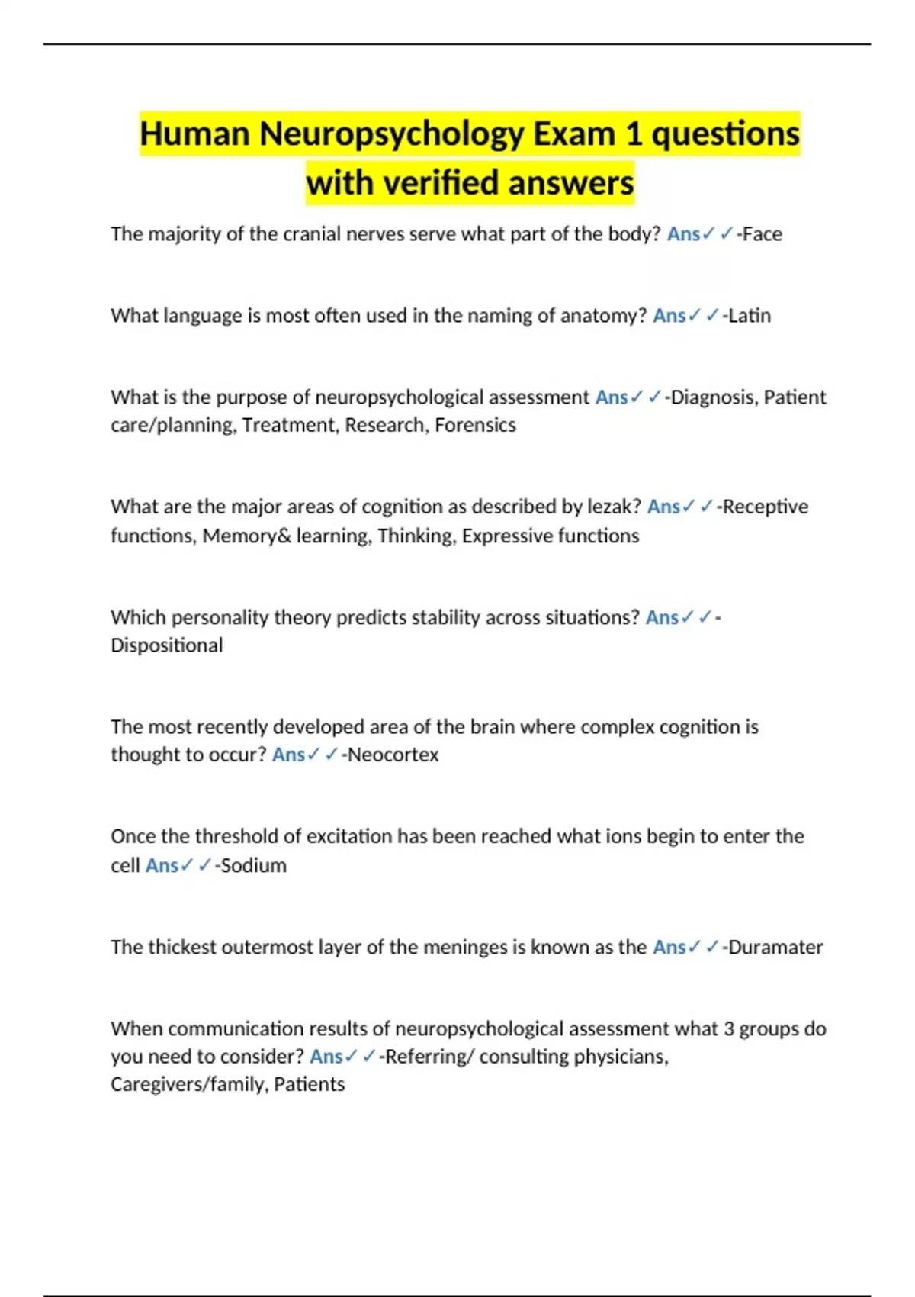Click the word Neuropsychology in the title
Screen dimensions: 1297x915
click(390, 134)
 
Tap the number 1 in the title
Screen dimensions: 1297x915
click(633, 134)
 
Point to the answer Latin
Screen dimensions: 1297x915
click(750, 316)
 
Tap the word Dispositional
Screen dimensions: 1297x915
click(167, 645)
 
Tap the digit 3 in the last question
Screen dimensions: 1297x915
click(729, 1029)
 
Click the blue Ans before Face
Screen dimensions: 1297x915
click(683, 234)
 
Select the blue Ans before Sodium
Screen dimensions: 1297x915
click(162, 866)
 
